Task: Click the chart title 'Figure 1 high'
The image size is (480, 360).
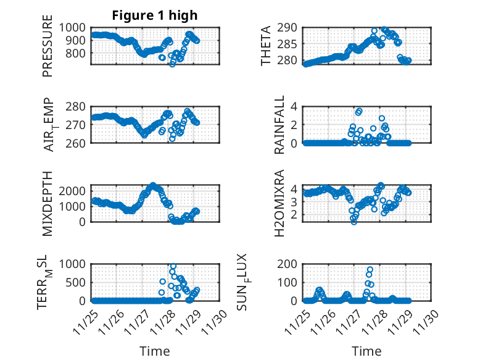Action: [154, 15]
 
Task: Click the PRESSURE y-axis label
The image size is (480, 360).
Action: [48, 51]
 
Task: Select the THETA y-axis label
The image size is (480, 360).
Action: [266, 46]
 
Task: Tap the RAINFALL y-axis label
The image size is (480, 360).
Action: [279, 125]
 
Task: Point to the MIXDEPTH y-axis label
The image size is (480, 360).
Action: [48, 203]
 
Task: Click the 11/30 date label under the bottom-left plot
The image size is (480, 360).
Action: [212, 317]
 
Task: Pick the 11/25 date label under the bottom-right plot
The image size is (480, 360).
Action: [297, 317]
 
